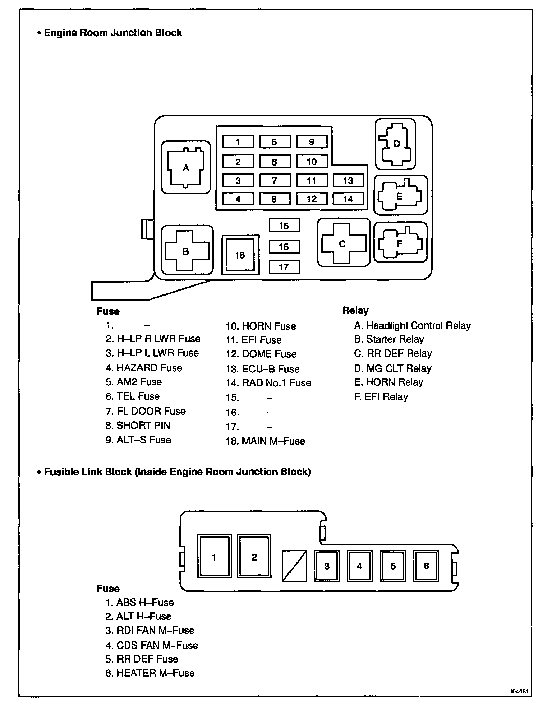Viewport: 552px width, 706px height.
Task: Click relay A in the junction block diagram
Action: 186,167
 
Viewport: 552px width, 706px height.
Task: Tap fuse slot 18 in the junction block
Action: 240,255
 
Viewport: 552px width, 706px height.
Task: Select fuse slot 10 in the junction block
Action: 312,162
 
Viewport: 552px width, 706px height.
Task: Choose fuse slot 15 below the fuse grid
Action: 284,226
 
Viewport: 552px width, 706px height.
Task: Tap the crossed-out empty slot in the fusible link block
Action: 294,566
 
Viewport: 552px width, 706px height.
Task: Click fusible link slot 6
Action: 426,566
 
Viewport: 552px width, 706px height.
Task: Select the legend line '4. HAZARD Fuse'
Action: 144,368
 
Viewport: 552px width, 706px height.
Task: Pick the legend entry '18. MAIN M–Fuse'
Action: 265,441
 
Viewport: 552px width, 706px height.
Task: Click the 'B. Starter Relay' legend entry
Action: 389,339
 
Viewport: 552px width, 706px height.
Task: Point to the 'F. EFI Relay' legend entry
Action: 381,397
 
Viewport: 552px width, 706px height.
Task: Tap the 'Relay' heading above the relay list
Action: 355,311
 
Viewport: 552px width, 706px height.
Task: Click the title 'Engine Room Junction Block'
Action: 112,33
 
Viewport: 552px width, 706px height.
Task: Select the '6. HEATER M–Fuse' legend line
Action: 150,673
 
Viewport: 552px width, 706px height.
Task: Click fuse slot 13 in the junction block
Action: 348,180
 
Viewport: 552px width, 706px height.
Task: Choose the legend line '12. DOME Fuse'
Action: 261,354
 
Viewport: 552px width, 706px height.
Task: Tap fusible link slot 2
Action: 254,557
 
